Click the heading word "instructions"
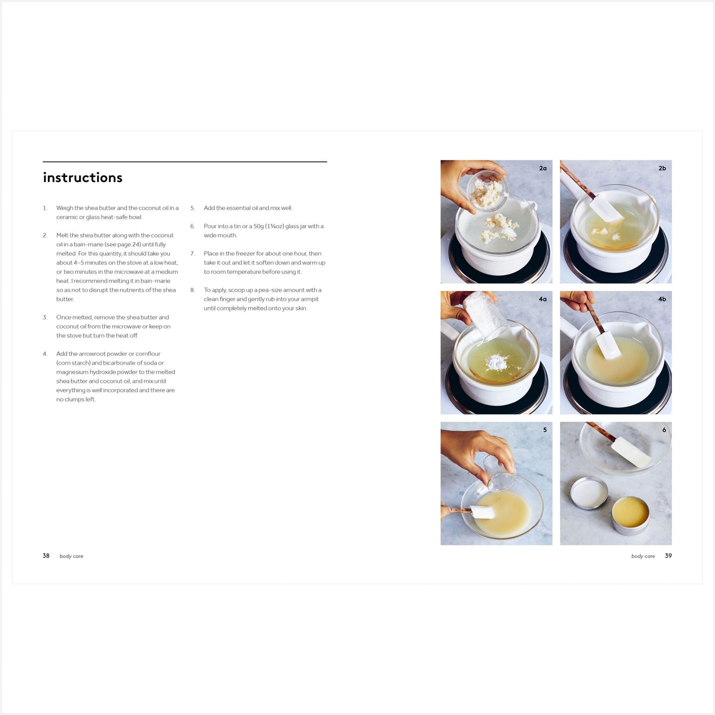(82, 177)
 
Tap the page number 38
(46, 556)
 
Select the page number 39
(668, 556)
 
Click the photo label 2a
(543, 168)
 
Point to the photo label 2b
(663, 168)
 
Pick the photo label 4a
(543, 299)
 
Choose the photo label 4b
(663, 299)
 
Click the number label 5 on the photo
(545, 429)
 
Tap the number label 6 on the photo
(664, 429)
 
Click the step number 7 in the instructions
(192, 253)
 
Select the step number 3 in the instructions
(45, 317)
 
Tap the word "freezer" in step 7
(246, 253)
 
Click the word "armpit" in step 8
(309, 299)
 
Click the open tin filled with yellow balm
(630, 516)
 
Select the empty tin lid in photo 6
(589, 493)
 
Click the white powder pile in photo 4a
(497, 362)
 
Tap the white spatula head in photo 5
(482, 512)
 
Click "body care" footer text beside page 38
(71, 556)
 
